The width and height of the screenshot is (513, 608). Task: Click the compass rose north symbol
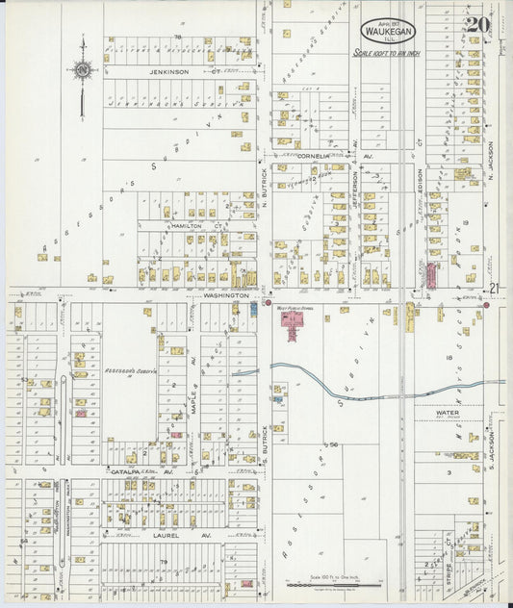click(x=83, y=68)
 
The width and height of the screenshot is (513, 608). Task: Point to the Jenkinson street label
click(x=170, y=72)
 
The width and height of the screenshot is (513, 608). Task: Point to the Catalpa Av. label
click(x=129, y=472)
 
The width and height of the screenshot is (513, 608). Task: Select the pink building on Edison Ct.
click(x=432, y=274)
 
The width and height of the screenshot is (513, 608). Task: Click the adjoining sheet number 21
click(x=495, y=288)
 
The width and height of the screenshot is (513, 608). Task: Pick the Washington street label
click(x=226, y=296)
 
